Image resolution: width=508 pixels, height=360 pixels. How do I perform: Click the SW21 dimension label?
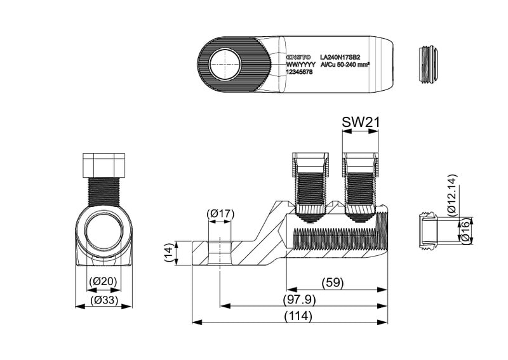[x=360, y=122]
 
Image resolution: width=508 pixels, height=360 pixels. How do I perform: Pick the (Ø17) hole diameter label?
[x=221, y=214]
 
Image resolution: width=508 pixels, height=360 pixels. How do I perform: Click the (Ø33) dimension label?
[x=103, y=299]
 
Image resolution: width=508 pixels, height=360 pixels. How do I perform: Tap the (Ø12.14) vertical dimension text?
[x=451, y=195]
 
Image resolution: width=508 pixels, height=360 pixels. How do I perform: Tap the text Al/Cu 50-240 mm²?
[x=345, y=64]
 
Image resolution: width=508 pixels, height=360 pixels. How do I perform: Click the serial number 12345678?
[x=299, y=72]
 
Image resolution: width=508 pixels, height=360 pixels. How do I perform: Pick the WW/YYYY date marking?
[x=301, y=64]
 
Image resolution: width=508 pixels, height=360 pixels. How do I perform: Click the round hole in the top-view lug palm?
[x=225, y=64]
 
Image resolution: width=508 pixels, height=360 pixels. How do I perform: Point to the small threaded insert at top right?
[x=429, y=64]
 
